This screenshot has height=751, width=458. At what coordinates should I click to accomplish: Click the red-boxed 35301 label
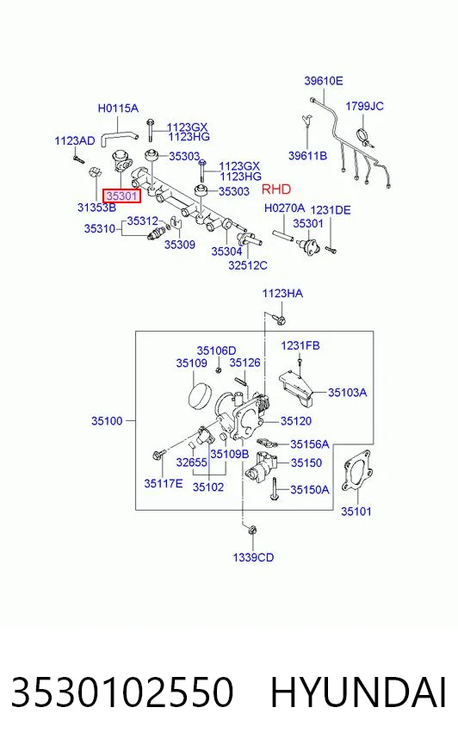pyautogui.click(x=122, y=196)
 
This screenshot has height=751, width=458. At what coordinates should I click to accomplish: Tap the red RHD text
pyautogui.click(x=276, y=189)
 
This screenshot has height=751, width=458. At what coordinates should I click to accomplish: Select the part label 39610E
pyautogui.click(x=324, y=81)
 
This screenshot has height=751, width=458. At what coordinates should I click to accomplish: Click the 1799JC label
pyautogui.click(x=365, y=106)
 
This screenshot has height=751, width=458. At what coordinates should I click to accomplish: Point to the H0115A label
pyautogui.click(x=118, y=109)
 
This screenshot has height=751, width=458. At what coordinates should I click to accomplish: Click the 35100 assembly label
pyautogui.click(x=107, y=421)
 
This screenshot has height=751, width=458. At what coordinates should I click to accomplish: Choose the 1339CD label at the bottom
pyautogui.click(x=253, y=557)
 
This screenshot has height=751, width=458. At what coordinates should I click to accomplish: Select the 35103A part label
pyautogui.click(x=348, y=393)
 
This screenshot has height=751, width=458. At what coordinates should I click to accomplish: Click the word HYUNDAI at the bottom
pyautogui.click(x=358, y=692)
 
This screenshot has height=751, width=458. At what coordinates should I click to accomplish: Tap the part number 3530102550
pyautogui.click(x=122, y=692)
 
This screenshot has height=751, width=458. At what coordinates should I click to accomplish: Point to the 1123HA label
pyautogui.click(x=282, y=293)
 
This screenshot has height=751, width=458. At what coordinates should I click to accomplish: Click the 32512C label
pyautogui.click(x=247, y=265)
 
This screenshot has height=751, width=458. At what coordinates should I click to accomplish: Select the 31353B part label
pyautogui.click(x=96, y=208)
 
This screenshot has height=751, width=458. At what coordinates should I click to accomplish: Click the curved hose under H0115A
pyautogui.click(x=119, y=131)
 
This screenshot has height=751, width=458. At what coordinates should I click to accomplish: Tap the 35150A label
pyautogui.click(x=310, y=489)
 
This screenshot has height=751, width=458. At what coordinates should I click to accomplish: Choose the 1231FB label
pyautogui.click(x=300, y=346)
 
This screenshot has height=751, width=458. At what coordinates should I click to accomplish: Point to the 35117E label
pyautogui.click(x=164, y=484)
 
